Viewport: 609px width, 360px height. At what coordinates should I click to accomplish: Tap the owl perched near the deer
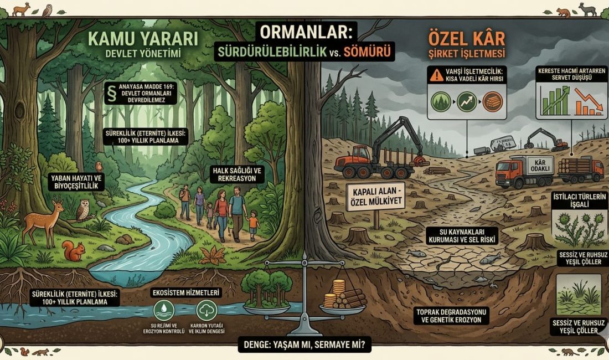point(82,210)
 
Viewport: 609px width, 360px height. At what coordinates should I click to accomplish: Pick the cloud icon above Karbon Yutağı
point(205,310)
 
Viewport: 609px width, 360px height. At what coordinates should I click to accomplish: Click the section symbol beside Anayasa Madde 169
point(113,90)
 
